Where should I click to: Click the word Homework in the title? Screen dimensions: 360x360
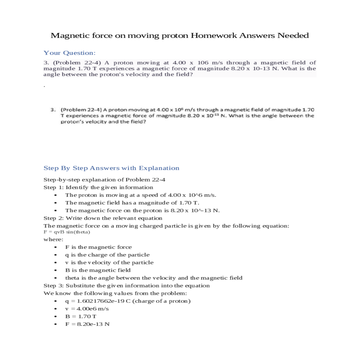click(x=214, y=35)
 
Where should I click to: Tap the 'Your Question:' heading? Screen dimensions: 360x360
click(x=70, y=53)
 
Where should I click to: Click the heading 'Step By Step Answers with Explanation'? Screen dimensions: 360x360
click(x=111, y=168)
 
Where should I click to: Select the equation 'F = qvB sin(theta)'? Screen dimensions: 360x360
click(x=67, y=232)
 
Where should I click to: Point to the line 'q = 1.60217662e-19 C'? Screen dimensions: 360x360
click(x=128, y=301)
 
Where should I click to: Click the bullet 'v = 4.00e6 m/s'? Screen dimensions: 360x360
click(x=87, y=309)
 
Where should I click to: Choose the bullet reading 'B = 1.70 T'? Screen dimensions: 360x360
click(x=81, y=316)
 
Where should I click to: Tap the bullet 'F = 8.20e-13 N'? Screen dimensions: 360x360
click(x=87, y=324)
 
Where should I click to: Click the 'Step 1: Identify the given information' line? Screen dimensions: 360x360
click(x=98, y=187)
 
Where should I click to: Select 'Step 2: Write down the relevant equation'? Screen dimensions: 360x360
click(x=103, y=218)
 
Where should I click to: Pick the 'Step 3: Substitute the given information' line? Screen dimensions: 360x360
click(x=127, y=286)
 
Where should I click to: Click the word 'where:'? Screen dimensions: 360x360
click(x=53, y=239)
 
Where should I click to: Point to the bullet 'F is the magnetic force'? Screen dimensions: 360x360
click(x=98, y=247)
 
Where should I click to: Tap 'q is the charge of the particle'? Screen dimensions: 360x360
click(x=107, y=255)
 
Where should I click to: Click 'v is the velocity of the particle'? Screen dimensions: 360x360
click(x=109, y=262)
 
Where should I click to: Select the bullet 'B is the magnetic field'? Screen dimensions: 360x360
click(x=98, y=270)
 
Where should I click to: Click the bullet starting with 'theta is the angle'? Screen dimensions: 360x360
click(x=154, y=278)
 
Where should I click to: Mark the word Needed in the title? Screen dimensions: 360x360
click(x=293, y=35)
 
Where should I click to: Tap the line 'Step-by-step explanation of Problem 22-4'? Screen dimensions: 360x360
click(x=104, y=180)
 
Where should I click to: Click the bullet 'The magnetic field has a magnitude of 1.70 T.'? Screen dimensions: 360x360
click(x=132, y=203)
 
